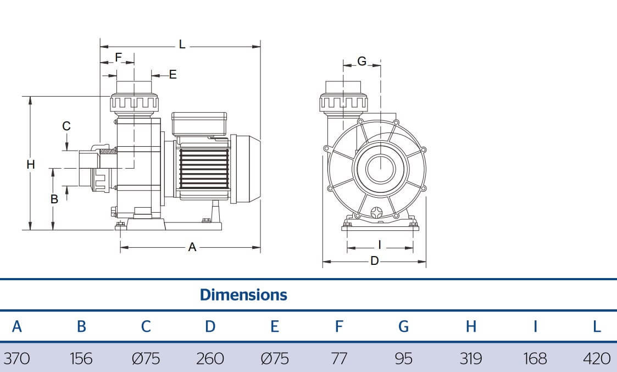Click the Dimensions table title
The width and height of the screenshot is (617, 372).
(x=243, y=295)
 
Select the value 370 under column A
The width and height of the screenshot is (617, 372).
(x=16, y=359)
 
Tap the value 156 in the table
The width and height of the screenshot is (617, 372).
(x=81, y=359)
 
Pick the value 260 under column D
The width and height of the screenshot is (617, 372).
(x=210, y=359)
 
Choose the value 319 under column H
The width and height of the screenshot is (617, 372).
(x=470, y=359)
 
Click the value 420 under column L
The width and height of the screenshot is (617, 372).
(x=596, y=359)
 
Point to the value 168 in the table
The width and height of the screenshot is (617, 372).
(x=535, y=359)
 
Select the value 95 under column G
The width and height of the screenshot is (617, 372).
(x=403, y=359)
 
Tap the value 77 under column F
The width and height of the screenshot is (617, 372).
(x=339, y=359)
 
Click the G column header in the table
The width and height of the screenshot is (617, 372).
(x=403, y=326)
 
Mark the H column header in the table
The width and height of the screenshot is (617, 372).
(x=471, y=326)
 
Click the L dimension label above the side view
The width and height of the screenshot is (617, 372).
(x=182, y=45)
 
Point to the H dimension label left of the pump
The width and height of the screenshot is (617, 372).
(x=31, y=164)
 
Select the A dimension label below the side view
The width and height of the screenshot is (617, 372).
(x=192, y=248)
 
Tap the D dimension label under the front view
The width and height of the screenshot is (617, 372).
(x=374, y=261)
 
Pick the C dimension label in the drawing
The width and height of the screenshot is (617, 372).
(x=66, y=126)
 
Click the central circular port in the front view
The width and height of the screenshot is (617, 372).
(x=379, y=168)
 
